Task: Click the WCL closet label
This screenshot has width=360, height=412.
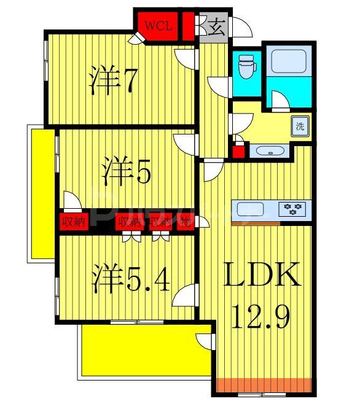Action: pos(158,26)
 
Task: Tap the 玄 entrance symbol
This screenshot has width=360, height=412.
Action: pos(215,27)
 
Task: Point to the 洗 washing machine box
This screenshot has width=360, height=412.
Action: pos(300,127)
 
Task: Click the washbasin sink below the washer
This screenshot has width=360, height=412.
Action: pos(268,151)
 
